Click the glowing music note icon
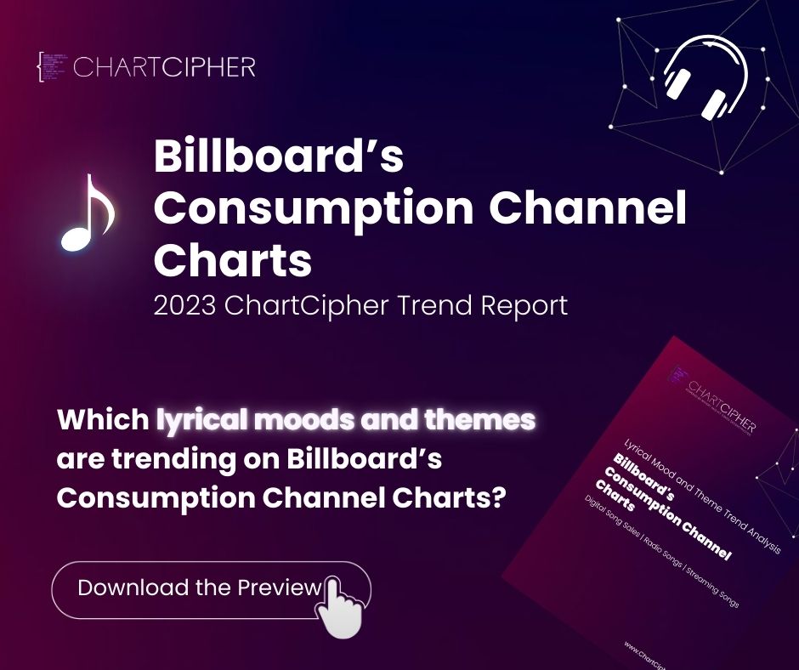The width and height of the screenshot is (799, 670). tap(87, 213)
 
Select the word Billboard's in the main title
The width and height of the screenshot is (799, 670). tap(278, 158)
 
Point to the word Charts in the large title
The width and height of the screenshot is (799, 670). tap(232, 260)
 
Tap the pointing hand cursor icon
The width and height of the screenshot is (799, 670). tap(340, 606)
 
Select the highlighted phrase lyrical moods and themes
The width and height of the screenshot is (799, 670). tap(346, 420)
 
